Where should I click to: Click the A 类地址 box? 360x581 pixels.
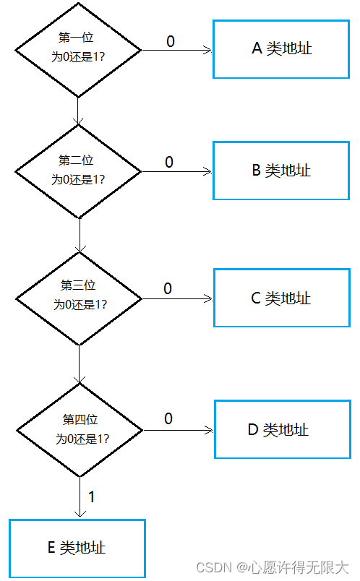[281, 49]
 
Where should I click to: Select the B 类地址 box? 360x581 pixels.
[281, 171]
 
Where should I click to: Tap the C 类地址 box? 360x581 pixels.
[282, 298]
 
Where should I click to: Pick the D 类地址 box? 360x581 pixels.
[283, 429]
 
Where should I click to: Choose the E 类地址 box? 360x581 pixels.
[77, 548]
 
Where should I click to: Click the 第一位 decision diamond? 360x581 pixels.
[78, 50]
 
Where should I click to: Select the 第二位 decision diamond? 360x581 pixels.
[78, 171]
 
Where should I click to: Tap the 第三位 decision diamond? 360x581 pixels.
[79, 298]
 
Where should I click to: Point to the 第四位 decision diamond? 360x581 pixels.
[80, 430]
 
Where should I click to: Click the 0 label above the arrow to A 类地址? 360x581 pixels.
[171, 41]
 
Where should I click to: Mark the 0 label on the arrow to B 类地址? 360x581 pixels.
[169, 162]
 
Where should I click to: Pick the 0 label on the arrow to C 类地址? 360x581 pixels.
[168, 288]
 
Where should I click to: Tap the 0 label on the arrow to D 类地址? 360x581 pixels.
[168, 418]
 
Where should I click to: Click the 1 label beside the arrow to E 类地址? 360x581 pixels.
[91, 497]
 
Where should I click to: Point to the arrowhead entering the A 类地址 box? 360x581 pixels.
[208, 50]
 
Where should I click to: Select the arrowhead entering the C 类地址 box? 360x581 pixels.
[209, 298]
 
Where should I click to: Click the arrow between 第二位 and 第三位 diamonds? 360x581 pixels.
[80, 236]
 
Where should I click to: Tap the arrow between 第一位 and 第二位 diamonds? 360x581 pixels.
[78, 111]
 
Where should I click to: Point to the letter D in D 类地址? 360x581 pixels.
[253, 430]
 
